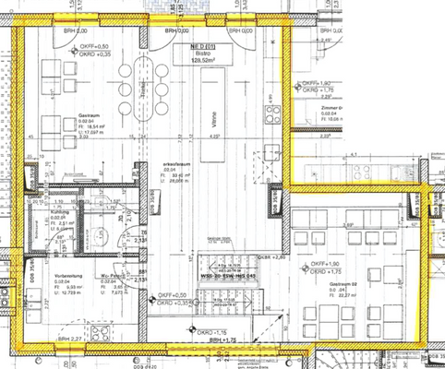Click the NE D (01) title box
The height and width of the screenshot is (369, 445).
pos(201,45)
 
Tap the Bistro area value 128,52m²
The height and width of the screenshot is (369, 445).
pos(201,61)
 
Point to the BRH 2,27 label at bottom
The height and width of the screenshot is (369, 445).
pos(69,340)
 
